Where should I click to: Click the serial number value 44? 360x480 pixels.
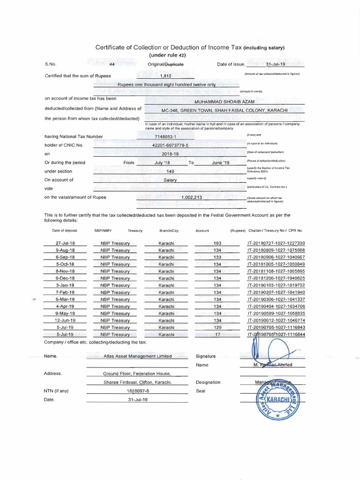click(112, 64)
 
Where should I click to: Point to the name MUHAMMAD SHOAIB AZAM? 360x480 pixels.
click(224, 101)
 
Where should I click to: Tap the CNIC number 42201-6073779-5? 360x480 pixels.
click(170, 145)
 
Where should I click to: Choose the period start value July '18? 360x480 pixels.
click(162, 163)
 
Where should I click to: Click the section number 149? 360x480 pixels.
click(170, 172)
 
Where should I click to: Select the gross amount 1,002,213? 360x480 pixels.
click(191, 198)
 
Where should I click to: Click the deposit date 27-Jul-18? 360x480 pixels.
click(65, 243)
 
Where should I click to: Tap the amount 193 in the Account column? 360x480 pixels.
click(217, 243)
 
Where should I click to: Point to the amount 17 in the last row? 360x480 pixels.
click(217, 335)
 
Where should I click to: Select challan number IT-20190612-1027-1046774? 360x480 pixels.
click(276, 321)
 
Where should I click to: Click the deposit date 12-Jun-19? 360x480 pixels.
click(65, 321)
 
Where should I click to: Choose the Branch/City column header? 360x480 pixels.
click(169, 231)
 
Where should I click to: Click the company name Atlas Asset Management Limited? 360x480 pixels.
click(137, 356)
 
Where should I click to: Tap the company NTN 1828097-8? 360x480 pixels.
click(137, 390)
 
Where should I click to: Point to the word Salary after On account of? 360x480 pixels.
click(170, 180)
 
